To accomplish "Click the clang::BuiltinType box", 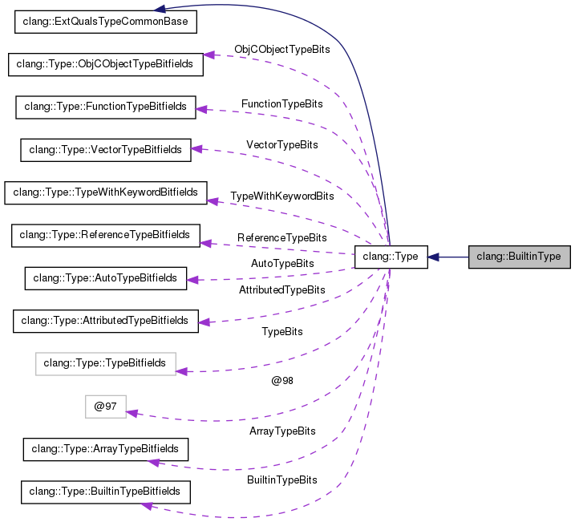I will [519, 257].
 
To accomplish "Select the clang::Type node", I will [391, 257].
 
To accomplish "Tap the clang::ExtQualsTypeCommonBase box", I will [106, 22].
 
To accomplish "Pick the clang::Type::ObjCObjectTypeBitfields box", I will [106, 64].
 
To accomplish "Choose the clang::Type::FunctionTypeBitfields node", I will [106, 107].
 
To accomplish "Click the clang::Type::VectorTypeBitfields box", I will [106, 149].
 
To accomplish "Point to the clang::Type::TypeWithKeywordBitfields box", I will [106, 192].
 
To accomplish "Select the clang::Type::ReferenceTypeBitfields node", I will [106, 235].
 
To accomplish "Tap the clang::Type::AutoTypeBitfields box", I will [106, 278].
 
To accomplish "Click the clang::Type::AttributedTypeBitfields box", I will [106, 321].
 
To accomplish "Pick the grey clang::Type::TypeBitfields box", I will [106, 363].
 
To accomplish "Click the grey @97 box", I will [106, 407].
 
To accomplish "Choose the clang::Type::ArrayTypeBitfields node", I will [106, 449].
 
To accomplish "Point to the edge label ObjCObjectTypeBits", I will [281, 50].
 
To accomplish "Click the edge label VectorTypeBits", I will [281, 145].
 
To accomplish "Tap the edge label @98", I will [281, 380].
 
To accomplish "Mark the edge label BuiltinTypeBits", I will [281, 480].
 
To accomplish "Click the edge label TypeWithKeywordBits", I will [281, 196].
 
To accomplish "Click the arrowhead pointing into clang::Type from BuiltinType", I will [433, 257].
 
